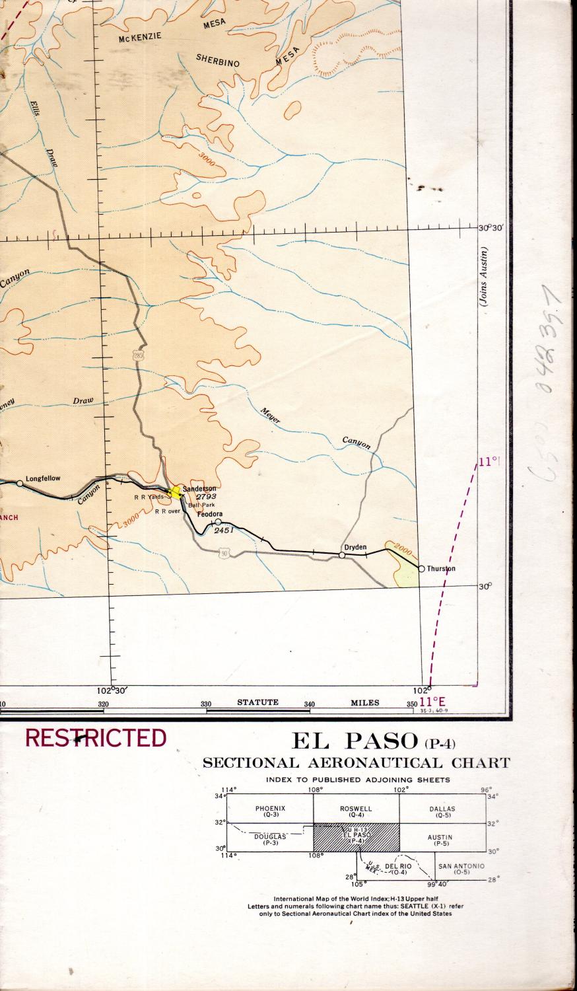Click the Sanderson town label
[199, 488]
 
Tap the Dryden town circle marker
[342, 555]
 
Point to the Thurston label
[441, 568]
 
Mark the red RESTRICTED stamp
[96, 737]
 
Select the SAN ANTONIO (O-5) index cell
[461, 868]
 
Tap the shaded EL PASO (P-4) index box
[356, 836]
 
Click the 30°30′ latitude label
[492, 227]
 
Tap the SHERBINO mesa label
[217, 58]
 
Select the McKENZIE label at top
[140, 38]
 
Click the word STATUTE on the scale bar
[257, 702]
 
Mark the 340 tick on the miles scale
[309, 704]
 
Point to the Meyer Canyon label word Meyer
[267, 413]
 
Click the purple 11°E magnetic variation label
[433, 701]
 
